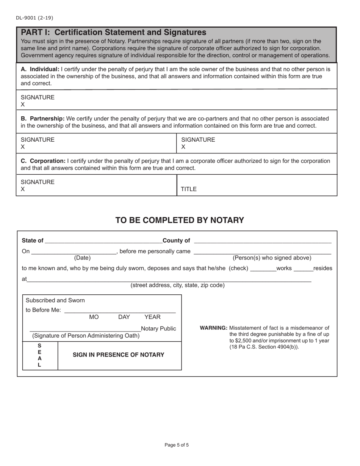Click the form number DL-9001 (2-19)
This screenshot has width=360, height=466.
(34, 18)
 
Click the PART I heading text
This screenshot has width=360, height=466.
(113, 32)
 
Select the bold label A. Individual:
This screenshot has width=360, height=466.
(40, 69)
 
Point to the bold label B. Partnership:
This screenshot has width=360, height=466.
(42, 119)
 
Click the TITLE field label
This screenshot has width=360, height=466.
(188, 189)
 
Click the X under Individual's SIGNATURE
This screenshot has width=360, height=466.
(23, 105)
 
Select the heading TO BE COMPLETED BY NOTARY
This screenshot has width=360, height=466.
(180, 220)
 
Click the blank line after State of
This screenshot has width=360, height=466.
(103, 241)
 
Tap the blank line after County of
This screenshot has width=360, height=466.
(262, 241)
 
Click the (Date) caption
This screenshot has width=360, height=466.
(82, 258)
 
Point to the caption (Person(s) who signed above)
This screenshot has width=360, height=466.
(272, 258)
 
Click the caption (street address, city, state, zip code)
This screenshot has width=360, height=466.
(177, 285)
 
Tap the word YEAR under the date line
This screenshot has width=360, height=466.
(152, 317)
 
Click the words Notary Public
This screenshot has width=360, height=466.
(158, 328)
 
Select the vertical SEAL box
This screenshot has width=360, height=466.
(40, 355)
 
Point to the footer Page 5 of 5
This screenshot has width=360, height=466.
(177, 445)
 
